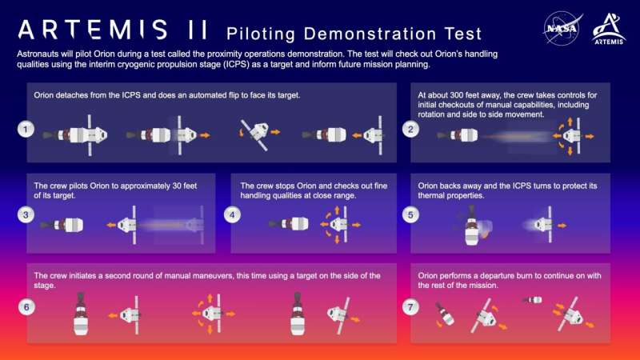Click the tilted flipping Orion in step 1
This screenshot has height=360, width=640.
tap(257, 134)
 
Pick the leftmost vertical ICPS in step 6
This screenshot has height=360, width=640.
tap(82, 313)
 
